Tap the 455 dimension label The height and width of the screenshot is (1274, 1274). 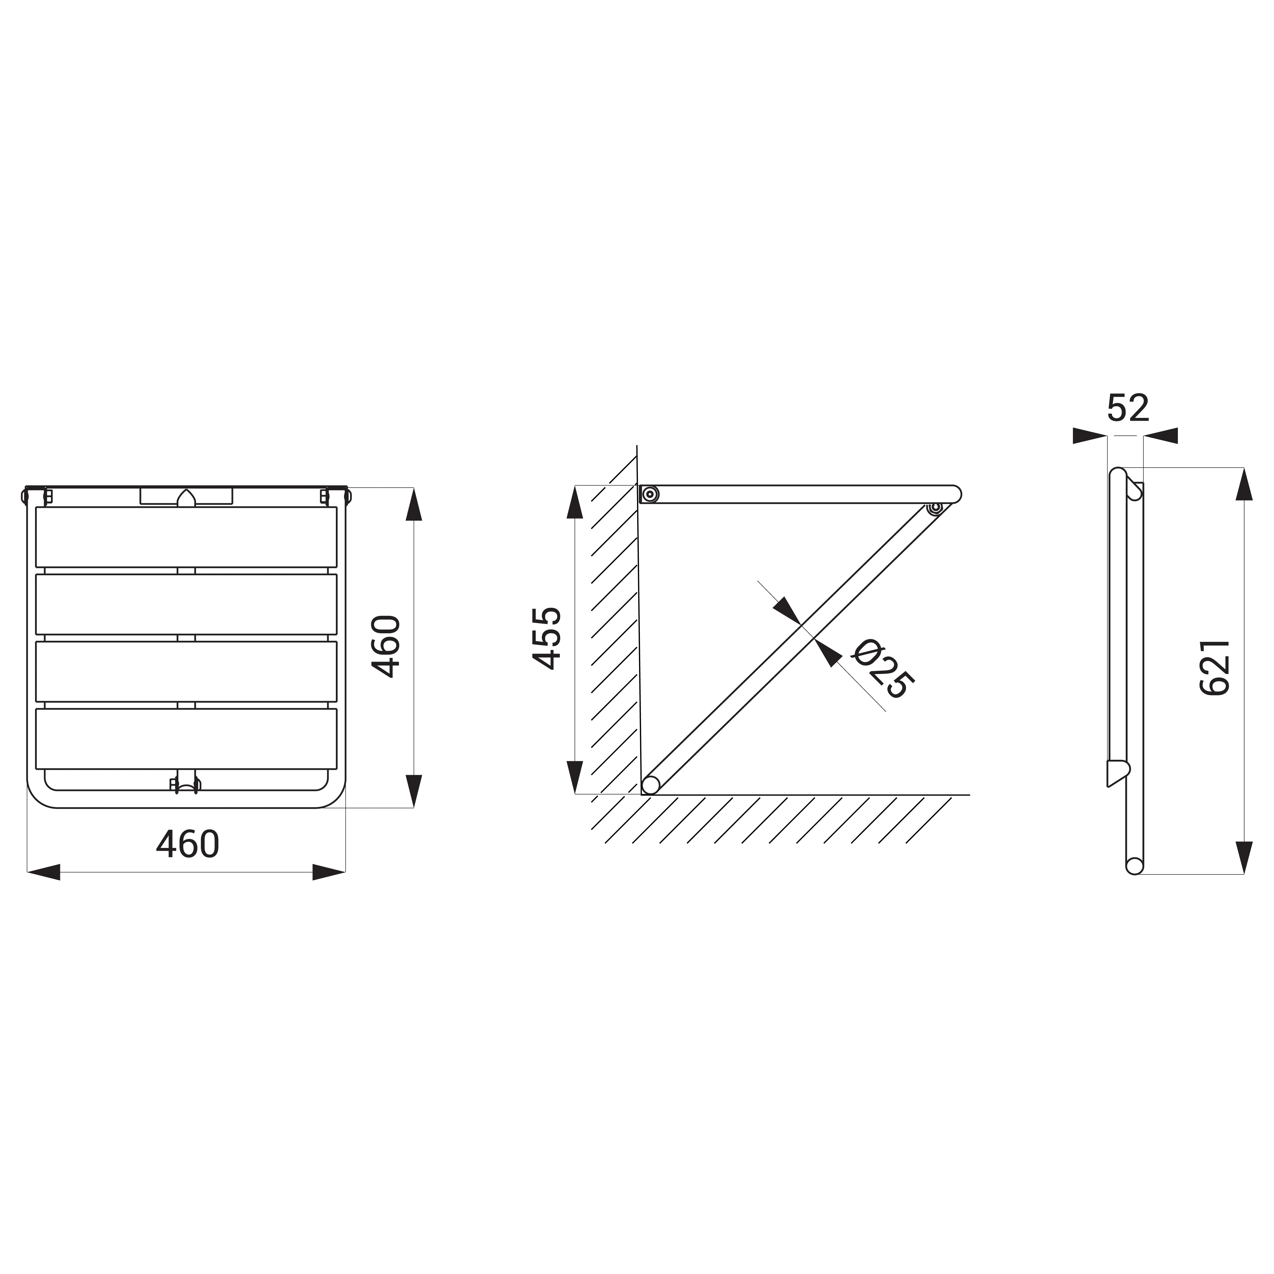[x=547, y=638]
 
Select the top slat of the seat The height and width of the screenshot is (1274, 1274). [x=186, y=537]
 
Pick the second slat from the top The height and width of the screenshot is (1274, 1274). [x=186, y=604]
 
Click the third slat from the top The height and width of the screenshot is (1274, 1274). [x=186, y=671]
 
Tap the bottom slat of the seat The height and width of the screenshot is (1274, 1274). [x=186, y=739]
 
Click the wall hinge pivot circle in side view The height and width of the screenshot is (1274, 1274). [x=650, y=494]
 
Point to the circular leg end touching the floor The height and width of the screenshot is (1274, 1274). [x=651, y=785]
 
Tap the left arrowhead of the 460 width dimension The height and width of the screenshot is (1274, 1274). [x=43, y=872]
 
